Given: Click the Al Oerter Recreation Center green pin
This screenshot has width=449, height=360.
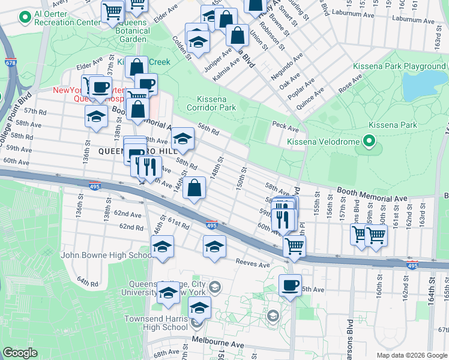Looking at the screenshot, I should pyautogui.click(x=25, y=18).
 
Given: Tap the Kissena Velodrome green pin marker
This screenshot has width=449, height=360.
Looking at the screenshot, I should pyautogui.click(x=369, y=142).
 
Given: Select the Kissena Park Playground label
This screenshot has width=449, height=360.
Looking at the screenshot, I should pyautogui.click(x=399, y=66).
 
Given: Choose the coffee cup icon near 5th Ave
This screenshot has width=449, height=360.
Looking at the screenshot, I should pyautogui.click(x=290, y=285).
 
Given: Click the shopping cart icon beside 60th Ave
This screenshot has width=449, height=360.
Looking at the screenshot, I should pyautogui.click(x=294, y=245).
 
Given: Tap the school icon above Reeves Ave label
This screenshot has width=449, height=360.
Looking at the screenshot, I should pyautogui.click(x=214, y=247).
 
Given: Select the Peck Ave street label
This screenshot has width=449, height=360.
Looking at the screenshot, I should pyautogui.click(x=285, y=128).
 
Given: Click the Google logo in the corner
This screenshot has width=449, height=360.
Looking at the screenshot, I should pyautogui.click(x=20, y=353).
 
